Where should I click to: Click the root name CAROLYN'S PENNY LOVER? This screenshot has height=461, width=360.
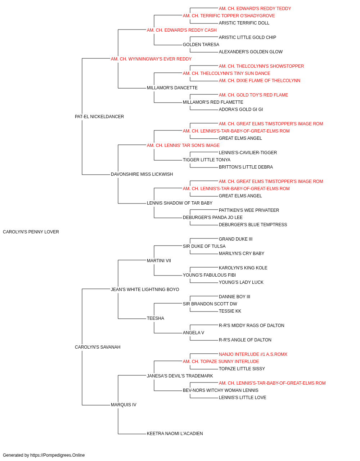point(31,232)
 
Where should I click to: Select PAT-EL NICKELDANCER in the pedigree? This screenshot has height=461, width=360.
point(99,117)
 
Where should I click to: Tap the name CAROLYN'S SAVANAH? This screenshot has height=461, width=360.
point(98,347)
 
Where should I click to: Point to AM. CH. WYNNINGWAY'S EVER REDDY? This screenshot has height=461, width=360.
point(151,59)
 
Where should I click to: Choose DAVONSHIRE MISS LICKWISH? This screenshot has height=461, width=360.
point(142,174)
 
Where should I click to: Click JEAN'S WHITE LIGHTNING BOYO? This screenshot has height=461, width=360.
point(145,290)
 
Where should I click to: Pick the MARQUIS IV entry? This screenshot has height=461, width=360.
point(123,405)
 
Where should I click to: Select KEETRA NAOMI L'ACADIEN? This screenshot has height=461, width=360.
point(175,434)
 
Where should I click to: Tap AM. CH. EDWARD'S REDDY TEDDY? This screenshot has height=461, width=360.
point(255,9)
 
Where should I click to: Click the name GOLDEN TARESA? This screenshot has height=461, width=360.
point(201,45)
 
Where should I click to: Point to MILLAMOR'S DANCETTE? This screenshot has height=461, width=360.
point(172,88)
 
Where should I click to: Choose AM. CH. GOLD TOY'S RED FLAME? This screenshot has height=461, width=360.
point(253,95)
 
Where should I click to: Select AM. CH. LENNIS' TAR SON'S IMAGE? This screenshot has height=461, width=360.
point(183,146)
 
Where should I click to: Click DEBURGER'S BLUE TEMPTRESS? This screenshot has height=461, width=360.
point(253,225)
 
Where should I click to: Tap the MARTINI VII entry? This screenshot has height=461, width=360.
point(159,261)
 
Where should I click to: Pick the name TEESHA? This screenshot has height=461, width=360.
point(156,318)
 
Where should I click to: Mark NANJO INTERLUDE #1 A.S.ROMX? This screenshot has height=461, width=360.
point(253,354)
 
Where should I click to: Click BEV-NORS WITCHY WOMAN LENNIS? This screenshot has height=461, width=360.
point(220,390)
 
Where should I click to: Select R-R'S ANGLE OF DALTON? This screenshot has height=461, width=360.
point(245,340)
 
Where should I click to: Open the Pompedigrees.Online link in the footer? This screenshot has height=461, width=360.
point(58,455)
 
